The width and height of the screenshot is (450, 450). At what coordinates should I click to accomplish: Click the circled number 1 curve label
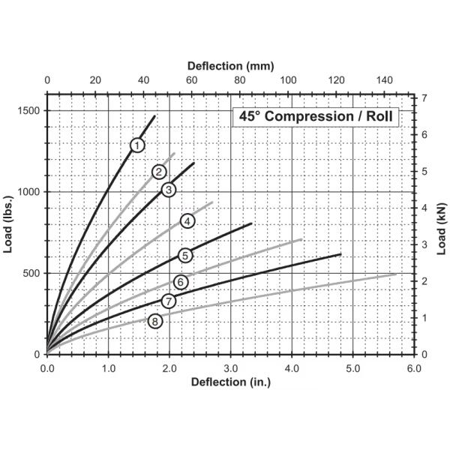pos(136,145)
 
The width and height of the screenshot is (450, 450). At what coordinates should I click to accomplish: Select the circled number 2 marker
pos(159,172)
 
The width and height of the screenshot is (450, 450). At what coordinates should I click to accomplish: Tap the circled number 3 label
pos(169,190)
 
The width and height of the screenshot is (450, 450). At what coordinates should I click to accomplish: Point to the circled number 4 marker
pos(187,220)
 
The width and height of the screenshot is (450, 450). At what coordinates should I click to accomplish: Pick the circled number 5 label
pos(184,256)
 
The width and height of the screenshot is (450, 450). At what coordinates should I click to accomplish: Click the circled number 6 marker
pos(180,282)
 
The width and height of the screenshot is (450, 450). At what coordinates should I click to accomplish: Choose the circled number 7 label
pos(168,301)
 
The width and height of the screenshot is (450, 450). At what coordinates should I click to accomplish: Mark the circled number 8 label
pos(155,322)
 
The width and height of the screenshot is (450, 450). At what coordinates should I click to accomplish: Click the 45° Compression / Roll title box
pos(315,117)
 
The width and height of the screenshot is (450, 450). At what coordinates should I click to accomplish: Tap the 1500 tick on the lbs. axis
pos(29,111)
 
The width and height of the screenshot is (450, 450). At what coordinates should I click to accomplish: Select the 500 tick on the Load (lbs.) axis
pos(32,273)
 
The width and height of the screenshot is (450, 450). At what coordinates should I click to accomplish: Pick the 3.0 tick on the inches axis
pos(231,368)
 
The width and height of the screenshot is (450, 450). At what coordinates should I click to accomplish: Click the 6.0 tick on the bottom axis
pos(414,368)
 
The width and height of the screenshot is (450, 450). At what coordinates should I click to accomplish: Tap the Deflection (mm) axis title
pos(230,66)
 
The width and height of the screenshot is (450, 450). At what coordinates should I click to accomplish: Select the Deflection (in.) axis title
pos(230,382)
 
